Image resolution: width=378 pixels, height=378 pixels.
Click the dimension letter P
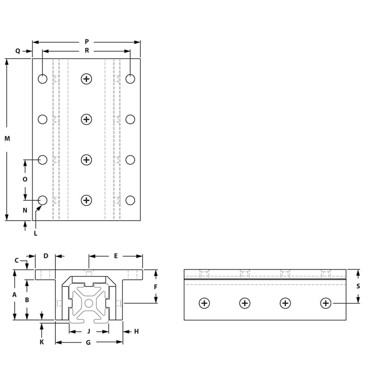point(86,42)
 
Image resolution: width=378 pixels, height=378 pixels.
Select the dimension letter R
point(87,51)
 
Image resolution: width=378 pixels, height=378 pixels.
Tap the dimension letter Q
point(17,51)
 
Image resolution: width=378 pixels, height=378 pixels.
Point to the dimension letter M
point(7,138)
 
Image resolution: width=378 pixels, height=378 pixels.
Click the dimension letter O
point(25,180)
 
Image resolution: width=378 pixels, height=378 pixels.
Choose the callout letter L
point(35,233)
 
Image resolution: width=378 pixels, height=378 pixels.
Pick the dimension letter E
point(116,256)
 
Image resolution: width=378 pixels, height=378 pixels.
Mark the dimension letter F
point(155,287)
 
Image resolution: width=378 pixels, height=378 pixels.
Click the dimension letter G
point(88,343)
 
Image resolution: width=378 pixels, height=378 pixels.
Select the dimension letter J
point(89,331)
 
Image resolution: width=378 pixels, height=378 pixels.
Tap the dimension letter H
point(136,331)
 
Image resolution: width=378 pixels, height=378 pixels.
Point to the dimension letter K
point(42,342)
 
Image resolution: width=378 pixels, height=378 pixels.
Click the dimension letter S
point(358,286)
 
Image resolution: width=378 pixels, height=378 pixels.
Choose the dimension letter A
point(14,294)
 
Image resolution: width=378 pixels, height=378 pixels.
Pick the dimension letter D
point(46,256)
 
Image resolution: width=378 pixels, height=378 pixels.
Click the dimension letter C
point(17,260)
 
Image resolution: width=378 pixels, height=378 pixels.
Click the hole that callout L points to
point(43,200)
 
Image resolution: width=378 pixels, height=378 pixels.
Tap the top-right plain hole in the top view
point(130,79)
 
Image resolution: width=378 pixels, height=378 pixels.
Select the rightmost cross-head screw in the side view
point(326,303)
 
